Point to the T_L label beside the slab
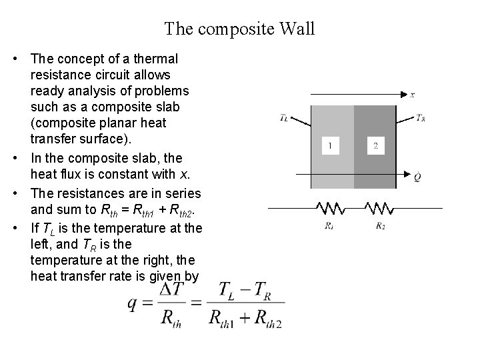tap(285, 119)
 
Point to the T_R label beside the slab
tap(421, 118)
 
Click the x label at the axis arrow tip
tap(412, 95)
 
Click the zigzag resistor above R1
tap(330, 208)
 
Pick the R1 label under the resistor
tap(330, 227)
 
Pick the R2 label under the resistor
tap(380, 227)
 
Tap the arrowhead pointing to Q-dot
tap(403, 174)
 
